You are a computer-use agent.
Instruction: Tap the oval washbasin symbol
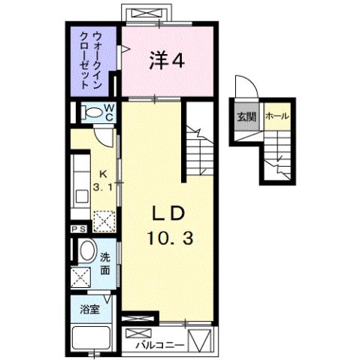(86, 252)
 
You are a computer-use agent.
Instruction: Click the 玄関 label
(247, 117)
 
